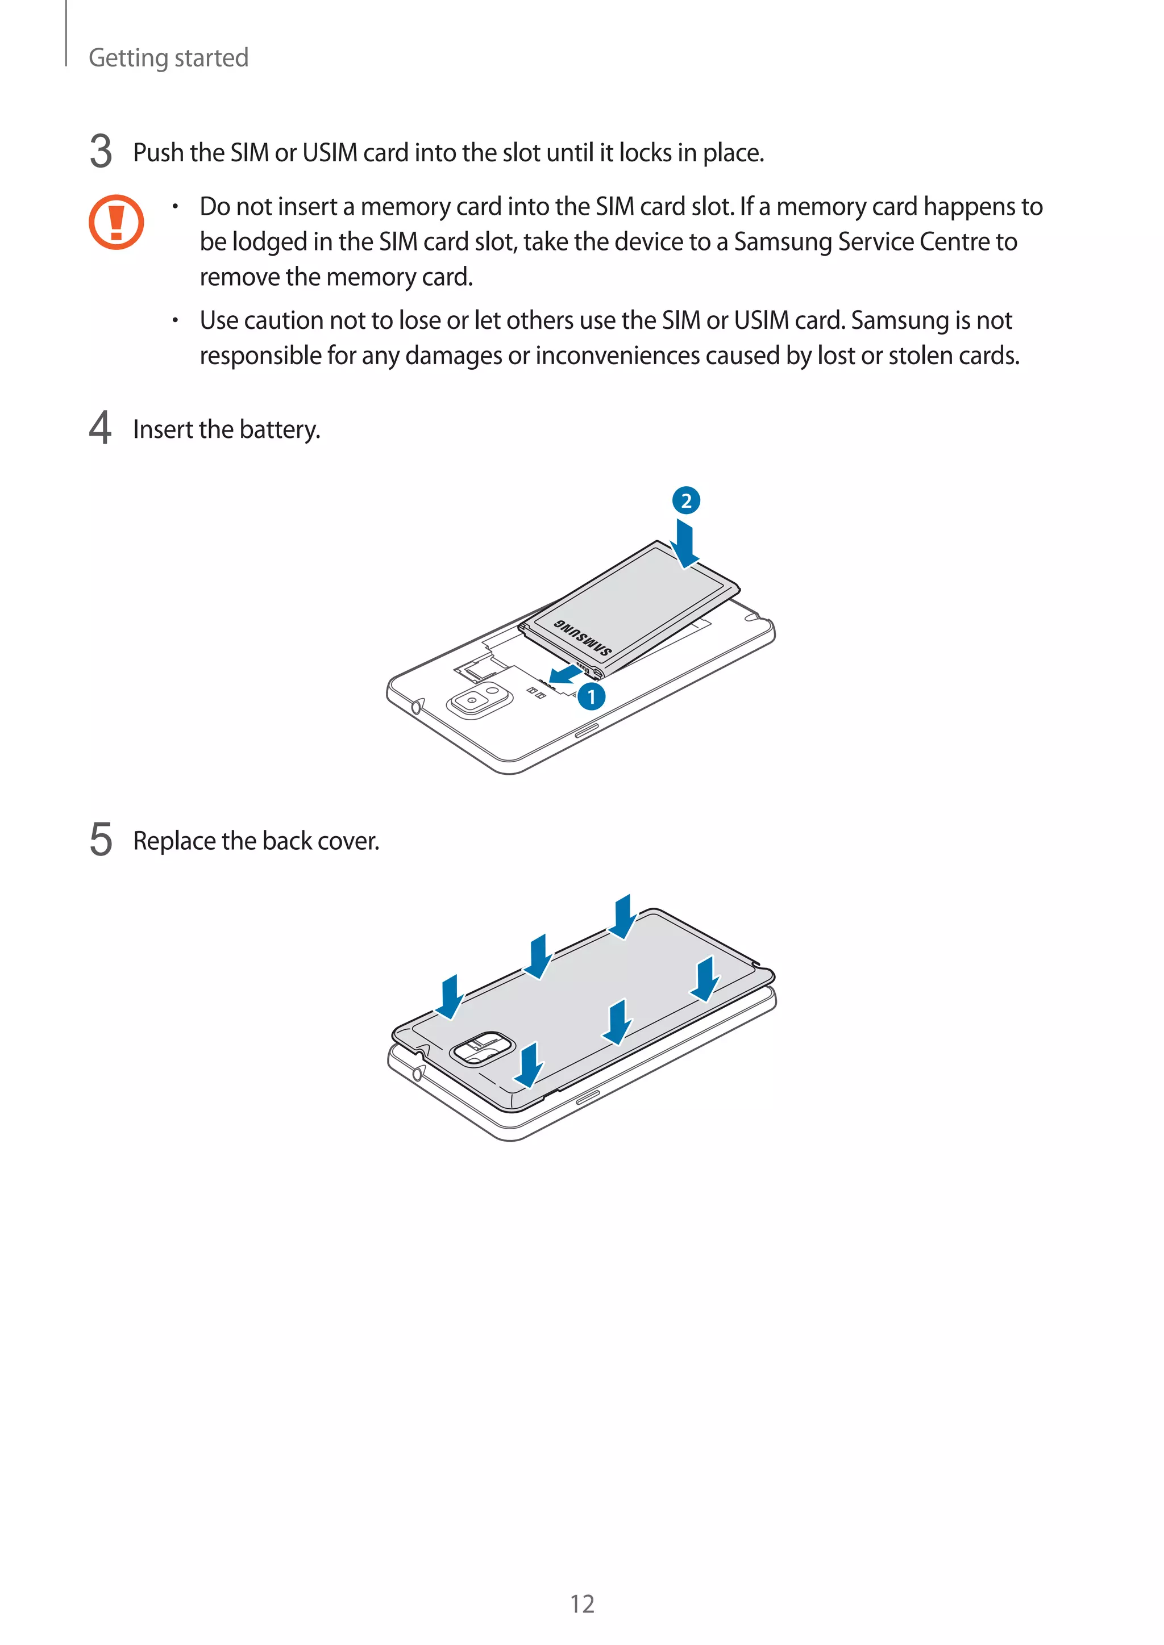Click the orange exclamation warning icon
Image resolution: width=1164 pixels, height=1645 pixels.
(x=116, y=222)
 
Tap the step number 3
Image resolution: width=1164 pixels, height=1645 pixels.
(x=101, y=151)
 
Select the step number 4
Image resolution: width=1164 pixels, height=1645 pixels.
(x=101, y=428)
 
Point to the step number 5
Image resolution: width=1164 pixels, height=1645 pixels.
(x=101, y=839)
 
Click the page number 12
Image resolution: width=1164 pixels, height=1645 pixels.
(x=582, y=1604)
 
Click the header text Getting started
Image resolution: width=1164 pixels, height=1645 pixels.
(x=168, y=57)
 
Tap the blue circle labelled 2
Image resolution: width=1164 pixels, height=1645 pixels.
(x=686, y=500)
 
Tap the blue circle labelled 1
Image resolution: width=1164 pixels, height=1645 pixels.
(x=591, y=696)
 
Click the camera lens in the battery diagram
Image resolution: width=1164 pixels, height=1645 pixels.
(x=472, y=700)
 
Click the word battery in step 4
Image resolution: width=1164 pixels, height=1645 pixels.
(x=280, y=429)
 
